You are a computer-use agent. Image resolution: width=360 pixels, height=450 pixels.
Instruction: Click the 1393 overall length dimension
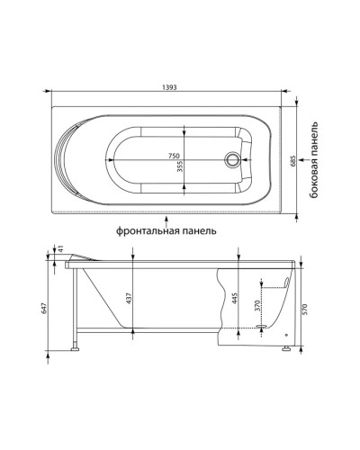click(x=169, y=87)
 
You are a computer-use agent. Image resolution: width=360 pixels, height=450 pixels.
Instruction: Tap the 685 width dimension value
click(x=293, y=160)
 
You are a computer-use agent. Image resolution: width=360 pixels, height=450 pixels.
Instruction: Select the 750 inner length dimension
click(x=174, y=156)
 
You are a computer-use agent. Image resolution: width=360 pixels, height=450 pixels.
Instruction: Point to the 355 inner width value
click(x=180, y=166)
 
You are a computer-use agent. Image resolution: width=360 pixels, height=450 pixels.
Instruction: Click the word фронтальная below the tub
click(x=147, y=231)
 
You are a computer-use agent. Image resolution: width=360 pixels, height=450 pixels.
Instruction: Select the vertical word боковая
click(x=314, y=179)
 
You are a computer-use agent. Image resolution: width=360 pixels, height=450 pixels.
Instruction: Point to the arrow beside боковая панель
click(x=303, y=160)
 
